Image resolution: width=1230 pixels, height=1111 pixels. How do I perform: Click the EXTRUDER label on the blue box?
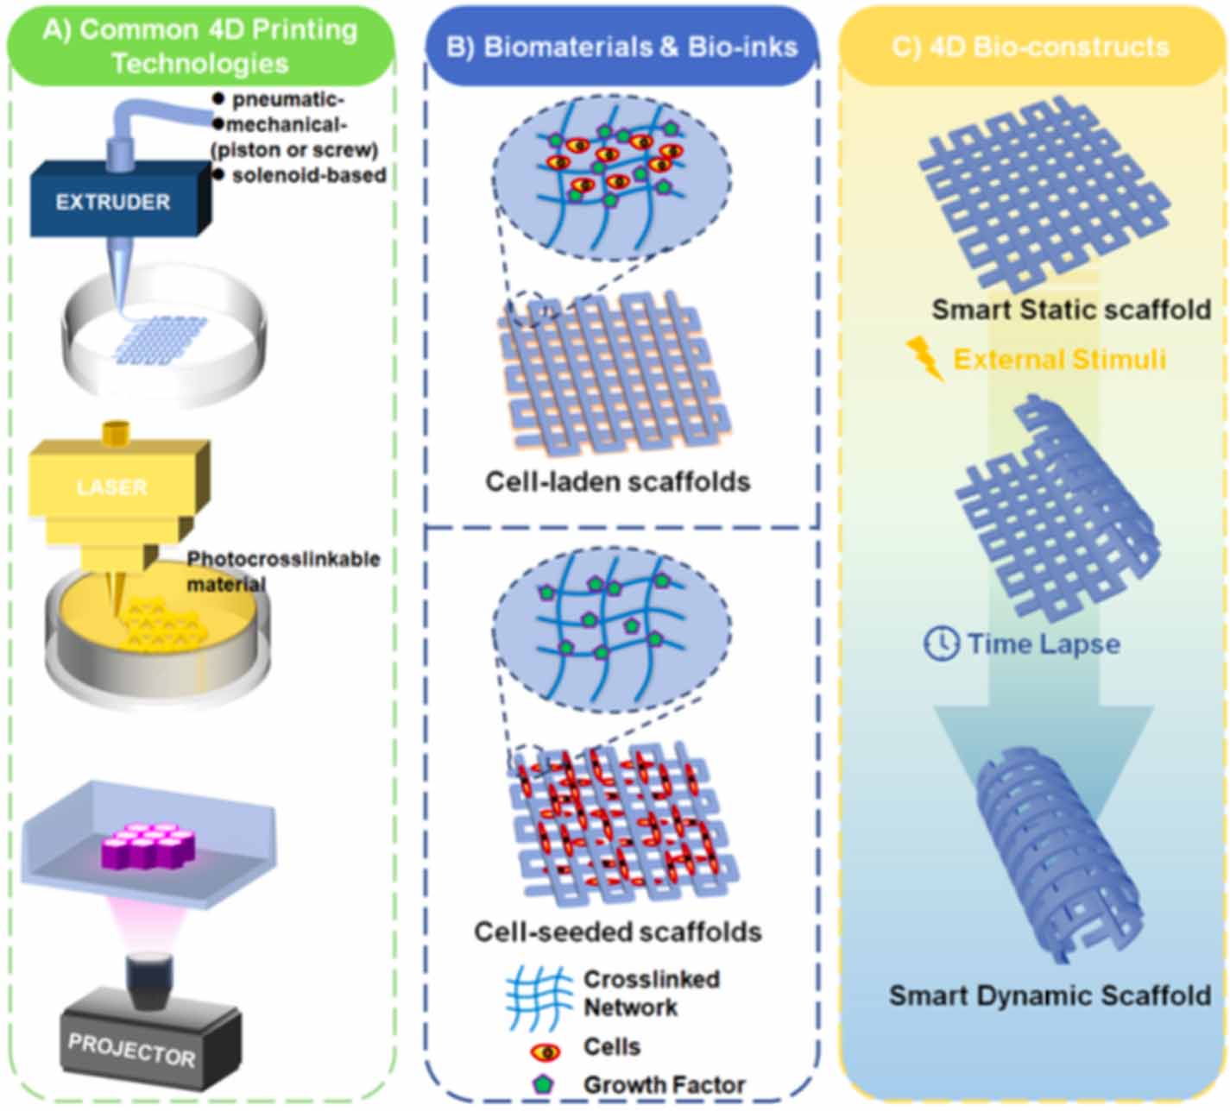113,202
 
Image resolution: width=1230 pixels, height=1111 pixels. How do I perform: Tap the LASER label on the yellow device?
111,487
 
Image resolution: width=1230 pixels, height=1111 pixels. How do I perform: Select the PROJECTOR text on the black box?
131,1050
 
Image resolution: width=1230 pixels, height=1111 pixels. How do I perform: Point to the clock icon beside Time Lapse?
941,643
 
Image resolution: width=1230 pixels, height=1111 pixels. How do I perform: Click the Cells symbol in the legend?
546,1053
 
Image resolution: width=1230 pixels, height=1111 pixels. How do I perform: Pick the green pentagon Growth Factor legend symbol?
544,1084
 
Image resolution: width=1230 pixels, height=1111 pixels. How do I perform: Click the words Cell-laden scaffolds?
617,481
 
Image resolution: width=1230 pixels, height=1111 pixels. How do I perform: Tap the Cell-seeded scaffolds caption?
617,932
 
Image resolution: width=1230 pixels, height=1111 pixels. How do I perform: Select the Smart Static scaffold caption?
1071,310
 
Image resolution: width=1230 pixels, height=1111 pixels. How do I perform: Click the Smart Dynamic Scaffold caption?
1050,995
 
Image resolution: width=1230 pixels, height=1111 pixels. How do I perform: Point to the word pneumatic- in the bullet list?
288,98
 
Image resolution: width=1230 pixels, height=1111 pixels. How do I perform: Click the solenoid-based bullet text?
309,175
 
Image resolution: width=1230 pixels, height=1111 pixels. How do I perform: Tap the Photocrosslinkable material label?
283,571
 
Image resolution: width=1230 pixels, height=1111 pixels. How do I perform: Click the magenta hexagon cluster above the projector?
149,844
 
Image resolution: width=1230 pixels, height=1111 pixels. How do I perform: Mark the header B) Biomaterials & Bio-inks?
621,47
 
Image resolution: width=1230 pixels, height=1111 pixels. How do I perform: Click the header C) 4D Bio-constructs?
1031,47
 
